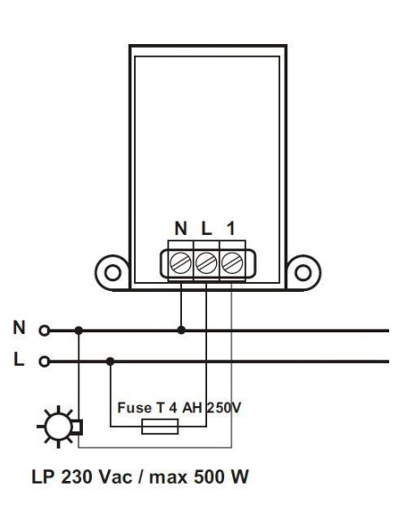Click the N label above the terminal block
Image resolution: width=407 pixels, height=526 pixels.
(x=181, y=229)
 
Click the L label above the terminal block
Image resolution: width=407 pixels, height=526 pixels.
(x=206, y=229)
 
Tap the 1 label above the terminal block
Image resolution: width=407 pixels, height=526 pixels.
(x=231, y=229)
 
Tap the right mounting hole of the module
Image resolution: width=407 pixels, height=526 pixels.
(x=302, y=271)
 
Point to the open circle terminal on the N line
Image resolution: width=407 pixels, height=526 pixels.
(x=41, y=331)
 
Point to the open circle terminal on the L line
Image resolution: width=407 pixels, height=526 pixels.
(x=41, y=362)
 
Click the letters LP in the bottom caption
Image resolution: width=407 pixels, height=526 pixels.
(x=43, y=474)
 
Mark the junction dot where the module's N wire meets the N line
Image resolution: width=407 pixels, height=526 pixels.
(x=182, y=331)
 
